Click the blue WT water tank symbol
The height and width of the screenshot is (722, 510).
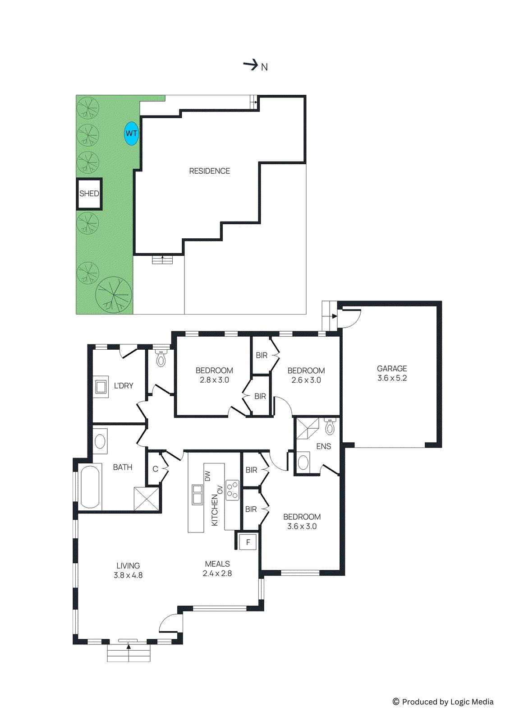click(x=131, y=134)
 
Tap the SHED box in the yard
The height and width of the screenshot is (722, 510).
click(x=89, y=194)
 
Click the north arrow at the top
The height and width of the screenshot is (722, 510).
click(x=251, y=65)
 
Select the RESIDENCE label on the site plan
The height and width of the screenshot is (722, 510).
click(x=209, y=171)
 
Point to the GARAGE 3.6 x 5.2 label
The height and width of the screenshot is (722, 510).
click(x=392, y=373)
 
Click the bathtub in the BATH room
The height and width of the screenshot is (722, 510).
click(x=90, y=487)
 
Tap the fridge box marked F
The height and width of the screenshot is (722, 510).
click(x=248, y=542)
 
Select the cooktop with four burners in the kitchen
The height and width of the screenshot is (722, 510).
click(x=232, y=490)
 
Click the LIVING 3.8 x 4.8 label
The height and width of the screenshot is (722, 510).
click(x=128, y=570)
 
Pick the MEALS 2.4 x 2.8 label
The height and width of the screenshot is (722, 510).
click(x=217, y=569)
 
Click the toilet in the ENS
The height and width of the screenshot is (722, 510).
click(x=330, y=426)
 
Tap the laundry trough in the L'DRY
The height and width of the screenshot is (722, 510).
click(x=101, y=387)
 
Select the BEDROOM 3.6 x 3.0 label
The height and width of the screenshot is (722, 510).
click(x=302, y=521)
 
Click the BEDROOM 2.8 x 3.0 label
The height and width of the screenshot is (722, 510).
click(x=214, y=375)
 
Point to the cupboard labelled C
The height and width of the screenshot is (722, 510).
click(x=155, y=469)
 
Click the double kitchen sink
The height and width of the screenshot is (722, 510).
click(x=197, y=494)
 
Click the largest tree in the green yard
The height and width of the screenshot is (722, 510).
click(x=114, y=295)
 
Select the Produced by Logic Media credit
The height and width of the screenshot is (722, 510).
click(x=443, y=702)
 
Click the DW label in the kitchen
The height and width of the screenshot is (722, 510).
click(x=208, y=476)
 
